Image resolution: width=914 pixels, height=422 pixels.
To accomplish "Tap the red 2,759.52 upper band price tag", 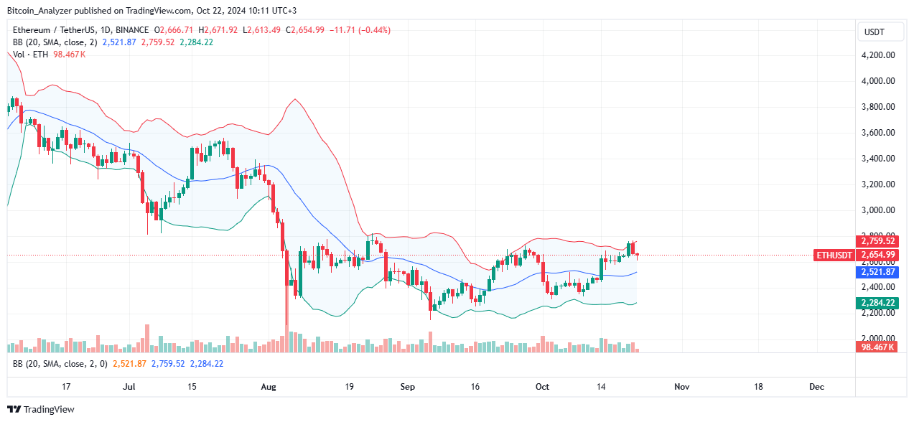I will click(x=877, y=241).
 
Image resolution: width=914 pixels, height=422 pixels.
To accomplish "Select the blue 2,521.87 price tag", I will click(x=877, y=272).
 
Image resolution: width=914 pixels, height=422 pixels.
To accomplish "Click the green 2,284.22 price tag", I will click(x=877, y=304).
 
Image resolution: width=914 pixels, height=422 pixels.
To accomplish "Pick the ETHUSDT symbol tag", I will click(x=834, y=255).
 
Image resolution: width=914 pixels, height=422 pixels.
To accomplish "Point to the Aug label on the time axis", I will click(x=268, y=386).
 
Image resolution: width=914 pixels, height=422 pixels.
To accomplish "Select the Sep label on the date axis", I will click(x=407, y=386).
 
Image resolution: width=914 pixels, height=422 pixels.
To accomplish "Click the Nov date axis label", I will click(x=682, y=386).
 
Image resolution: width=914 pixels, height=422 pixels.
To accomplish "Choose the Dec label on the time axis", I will click(x=816, y=386).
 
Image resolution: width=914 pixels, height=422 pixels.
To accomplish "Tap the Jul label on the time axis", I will click(x=129, y=386).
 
